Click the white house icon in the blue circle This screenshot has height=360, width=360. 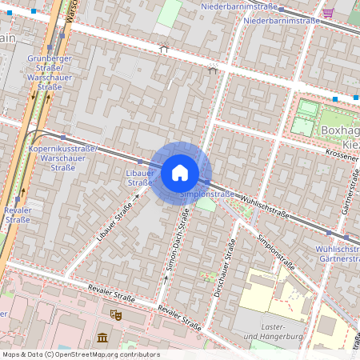click(180, 172)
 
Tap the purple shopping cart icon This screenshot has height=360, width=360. click(329, 14)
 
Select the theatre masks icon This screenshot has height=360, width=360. click(114, 315)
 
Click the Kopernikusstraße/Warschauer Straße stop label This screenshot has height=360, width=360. click(62, 158)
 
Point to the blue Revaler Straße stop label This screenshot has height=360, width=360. click(17, 214)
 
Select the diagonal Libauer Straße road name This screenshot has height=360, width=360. click(113, 223)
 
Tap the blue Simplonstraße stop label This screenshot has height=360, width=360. click(207, 194)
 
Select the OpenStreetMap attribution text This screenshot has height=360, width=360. click(80, 354)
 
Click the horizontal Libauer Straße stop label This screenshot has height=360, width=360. click(140, 178)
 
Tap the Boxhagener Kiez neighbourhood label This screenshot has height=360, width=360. click(341, 136)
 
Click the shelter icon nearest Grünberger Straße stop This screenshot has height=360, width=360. click(164, 49)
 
